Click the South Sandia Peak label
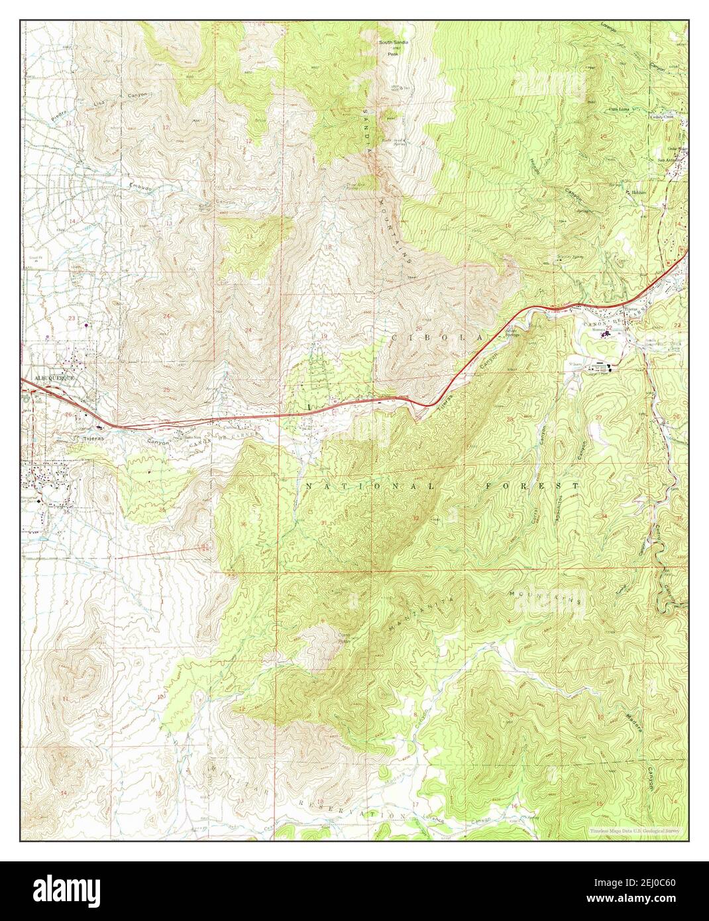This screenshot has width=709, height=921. (394, 46)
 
